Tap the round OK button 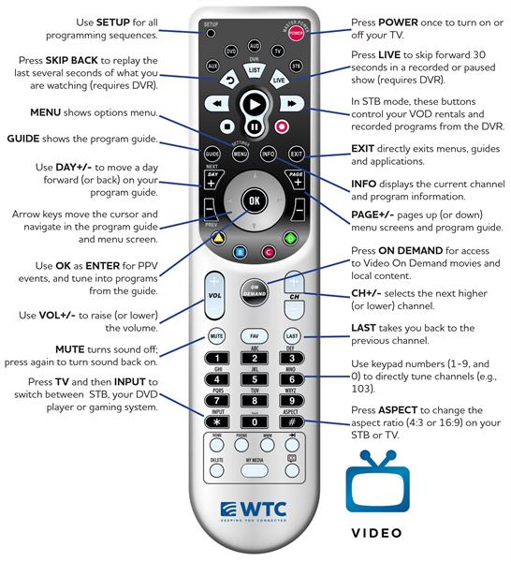[x=254, y=201]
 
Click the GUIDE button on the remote [x=212, y=152]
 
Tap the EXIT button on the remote [x=297, y=152]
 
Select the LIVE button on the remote [x=279, y=81]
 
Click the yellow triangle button [x=217, y=238]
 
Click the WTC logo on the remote [x=254, y=510]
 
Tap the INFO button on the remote [x=269, y=152]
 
